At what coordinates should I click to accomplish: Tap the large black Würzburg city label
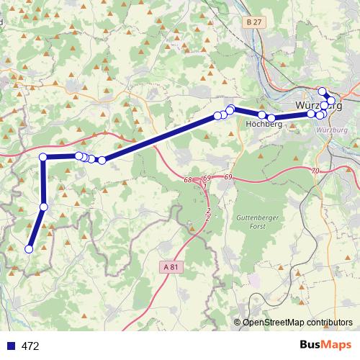[317, 106]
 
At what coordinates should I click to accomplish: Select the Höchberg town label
[263, 124]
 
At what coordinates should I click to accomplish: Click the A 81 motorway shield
[170, 266]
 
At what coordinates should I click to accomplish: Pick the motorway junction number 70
[315, 171]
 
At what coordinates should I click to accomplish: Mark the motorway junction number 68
[188, 179]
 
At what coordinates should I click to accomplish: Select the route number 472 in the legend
[30, 346]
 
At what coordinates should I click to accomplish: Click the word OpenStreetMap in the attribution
[278, 323]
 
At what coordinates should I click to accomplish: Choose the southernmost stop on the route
[29, 249]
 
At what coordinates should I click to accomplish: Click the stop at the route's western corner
[43, 157]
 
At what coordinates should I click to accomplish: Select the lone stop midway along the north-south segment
[43, 207]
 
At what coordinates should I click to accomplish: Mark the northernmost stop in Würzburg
[322, 91]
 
